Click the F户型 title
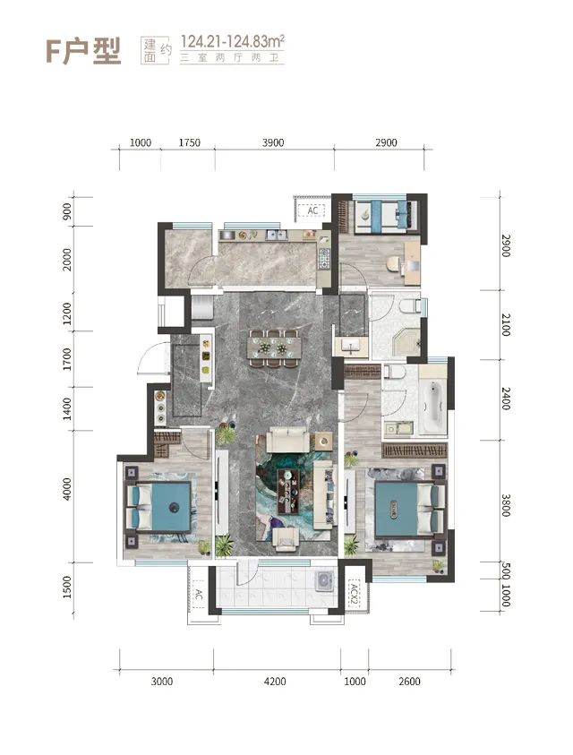click(x=83, y=50)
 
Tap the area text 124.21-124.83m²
click(x=232, y=41)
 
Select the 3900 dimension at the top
click(x=273, y=142)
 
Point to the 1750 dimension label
click(x=189, y=142)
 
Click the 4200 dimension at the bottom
click(x=275, y=682)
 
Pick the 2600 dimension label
click(x=409, y=682)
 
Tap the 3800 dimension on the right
click(x=505, y=505)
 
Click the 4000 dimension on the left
click(x=67, y=489)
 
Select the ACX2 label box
click(x=355, y=594)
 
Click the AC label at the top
click(x=312, y=210)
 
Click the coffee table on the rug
click(x=288, y=490)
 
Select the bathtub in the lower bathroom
click(x=432, y=405)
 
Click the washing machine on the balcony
click(x=324, y=580)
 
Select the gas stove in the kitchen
click(x=324, y=258)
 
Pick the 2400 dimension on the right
click(x=505, y=399)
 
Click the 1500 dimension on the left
click(x=67, y=587)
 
